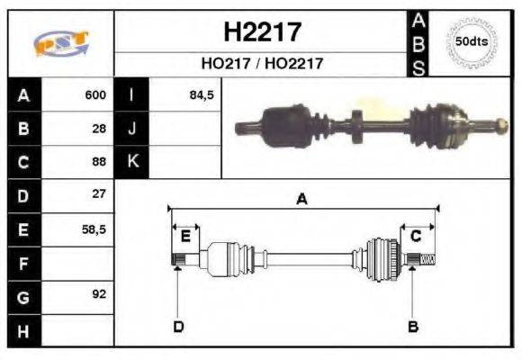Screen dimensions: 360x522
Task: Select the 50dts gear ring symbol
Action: pyautogui.click(x=472, y=41)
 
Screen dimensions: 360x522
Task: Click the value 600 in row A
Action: pyautogui.click(x=95, y=94)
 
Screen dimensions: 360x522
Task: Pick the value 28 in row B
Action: pyautogui.click(x=99, y=128)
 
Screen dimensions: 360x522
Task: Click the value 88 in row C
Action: pyautogui.click(x=99, y=162)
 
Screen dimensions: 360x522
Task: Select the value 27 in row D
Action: pyautogui.click(x=99, y=194)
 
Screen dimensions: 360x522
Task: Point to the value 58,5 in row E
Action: pyautogui.click(x=94, y=229)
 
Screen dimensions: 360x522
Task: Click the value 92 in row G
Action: pyautogui.click(x=99, y=294)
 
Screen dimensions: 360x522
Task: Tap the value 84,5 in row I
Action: pyautogui.click(x=201, y=94)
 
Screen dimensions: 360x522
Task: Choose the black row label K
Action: pyautogui.click(x=131, y=162)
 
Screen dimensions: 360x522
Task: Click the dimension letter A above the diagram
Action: pyautogui.click(x=301, y=200)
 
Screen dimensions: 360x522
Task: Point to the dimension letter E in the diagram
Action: pyautogui.click(x=185, y=237)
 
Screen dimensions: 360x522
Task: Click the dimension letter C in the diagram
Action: pyautogui.click(x=416, y=237)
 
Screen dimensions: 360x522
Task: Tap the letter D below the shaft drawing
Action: pyautogui.click(x=178, y=326)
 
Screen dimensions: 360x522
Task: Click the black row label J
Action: pyautogui.click(x=131, y=128)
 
